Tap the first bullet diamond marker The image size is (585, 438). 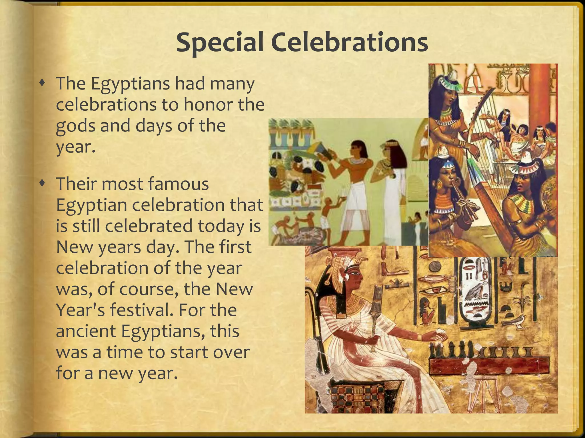43,83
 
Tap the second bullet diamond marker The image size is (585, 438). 43,184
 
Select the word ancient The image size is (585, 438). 86,331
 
